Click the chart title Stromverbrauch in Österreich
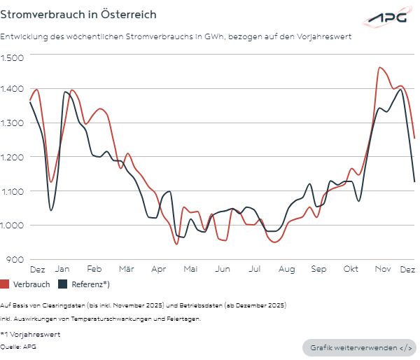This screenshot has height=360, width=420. click(78, 14)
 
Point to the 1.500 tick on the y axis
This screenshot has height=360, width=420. click(13, 56)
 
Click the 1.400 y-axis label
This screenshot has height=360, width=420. click(13, 90)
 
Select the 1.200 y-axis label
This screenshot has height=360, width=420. click(13, 158)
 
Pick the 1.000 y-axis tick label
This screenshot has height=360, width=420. click(13, 226)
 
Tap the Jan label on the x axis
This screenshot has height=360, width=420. click(62, 269)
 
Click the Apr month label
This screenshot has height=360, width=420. click(158, 269)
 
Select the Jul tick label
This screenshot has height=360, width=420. click(255, 269)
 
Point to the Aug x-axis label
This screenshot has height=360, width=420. click(286, 269)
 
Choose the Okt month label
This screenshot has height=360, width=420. click(351, 269)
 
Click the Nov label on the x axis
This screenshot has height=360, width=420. click(382, 269)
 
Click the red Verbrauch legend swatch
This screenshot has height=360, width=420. click(5, 284)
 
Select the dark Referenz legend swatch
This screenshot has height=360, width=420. click(63, 284)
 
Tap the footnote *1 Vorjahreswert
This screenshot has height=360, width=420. click(31, 334)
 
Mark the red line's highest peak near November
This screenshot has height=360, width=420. click(379, 68)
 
